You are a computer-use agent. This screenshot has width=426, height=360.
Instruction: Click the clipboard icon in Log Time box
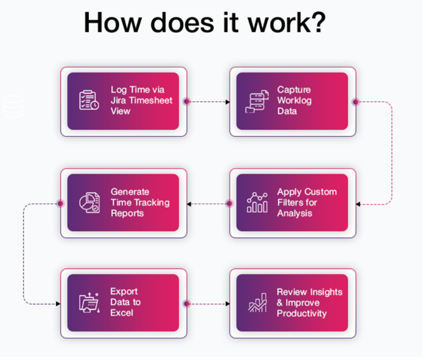click(x=88, y=101)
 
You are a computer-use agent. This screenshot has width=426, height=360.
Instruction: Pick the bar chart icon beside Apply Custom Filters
click(x=256, y=203)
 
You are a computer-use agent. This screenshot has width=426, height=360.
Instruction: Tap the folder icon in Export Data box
click(x=89, y=303)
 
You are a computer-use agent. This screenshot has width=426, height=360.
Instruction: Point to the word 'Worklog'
click(x=294, y=100)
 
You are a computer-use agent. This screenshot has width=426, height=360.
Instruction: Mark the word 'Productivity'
click(x=302, y=313)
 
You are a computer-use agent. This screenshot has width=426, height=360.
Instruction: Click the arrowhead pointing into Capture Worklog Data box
click(x=228, y=101)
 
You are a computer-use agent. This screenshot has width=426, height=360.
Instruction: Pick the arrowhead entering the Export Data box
click(x=58, y=304)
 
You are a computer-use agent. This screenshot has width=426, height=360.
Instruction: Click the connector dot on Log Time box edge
click(x=186, y=101)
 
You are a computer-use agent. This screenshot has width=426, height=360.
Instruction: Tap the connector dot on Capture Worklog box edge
click(x=355, y=101)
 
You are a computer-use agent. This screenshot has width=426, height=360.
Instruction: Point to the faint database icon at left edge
click(x=12, y=106)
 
